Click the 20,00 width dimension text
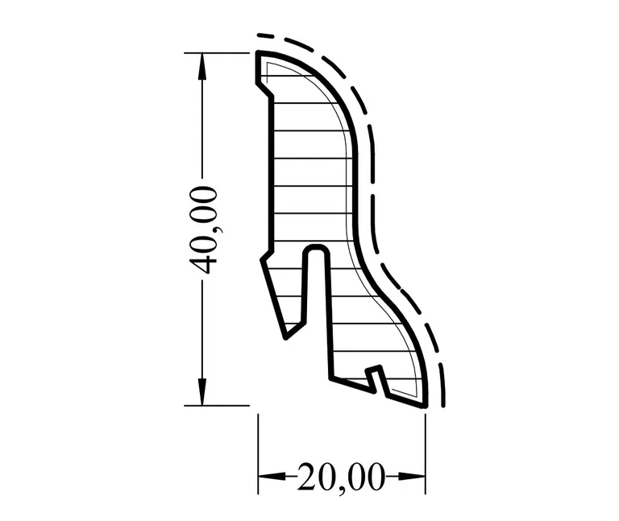pos(342,478)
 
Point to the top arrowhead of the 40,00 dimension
pos(201,60)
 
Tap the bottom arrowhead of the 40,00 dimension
pos(201,398)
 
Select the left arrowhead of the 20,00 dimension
pos(264,478)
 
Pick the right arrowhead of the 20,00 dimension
pos(419,478)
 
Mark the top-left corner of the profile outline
pos(258,54)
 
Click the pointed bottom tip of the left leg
pos(286,337)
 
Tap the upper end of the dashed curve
pos(258,36)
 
